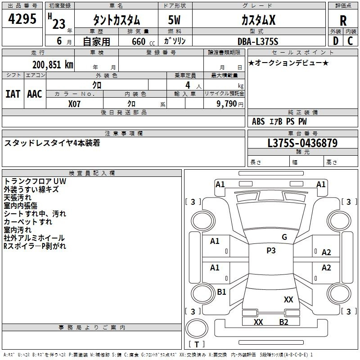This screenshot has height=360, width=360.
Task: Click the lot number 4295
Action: coord(22,19)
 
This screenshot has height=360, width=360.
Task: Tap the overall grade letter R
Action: coord(343,21)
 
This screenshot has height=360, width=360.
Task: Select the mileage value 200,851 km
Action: coord(53,65)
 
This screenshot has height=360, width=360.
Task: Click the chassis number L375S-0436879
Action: coord(302,143)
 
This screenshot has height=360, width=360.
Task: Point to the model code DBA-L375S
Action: coord(258,41)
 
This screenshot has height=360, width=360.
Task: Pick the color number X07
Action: coord(74,104)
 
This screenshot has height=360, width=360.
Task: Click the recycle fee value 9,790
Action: coord(227,103)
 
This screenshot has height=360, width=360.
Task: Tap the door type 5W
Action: coord(174,20)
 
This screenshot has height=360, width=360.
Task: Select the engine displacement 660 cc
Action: coord(143,41)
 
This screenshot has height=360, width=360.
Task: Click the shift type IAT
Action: coord(13,94)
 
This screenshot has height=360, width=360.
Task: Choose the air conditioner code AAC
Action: coord(35,94)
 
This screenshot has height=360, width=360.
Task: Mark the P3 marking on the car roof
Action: coord(271,251)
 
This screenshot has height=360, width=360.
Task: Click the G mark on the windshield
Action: coord(284,237)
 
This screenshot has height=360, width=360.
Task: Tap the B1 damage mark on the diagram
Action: coord(221,292)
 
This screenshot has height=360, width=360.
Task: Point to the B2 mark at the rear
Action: coord(283,322)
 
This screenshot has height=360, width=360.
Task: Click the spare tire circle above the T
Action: coord(197,328)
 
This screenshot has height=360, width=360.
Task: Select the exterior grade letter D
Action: coord(336,41)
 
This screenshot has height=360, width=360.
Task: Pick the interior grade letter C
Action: coord(350,41)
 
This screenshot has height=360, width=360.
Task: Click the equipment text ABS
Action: coord(258,121)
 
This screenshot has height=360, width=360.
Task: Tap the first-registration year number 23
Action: coord(59,24)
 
